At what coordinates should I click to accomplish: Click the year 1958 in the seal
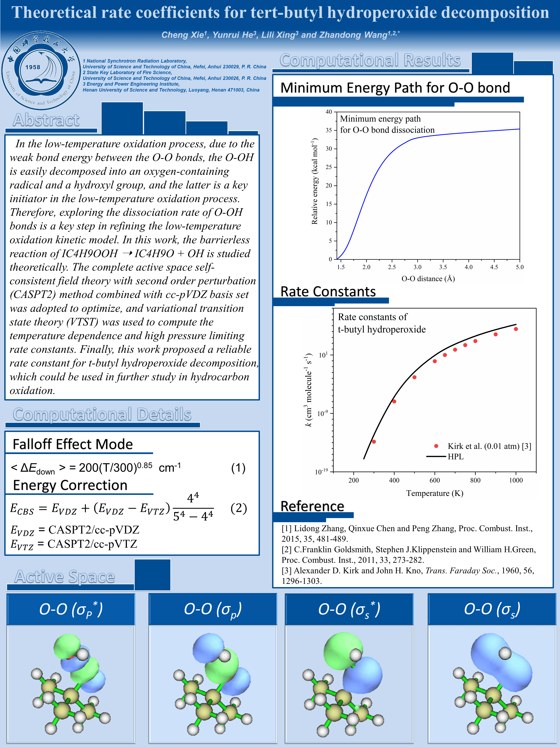tap(33, 67)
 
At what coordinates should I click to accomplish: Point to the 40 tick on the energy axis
tap(329, 112)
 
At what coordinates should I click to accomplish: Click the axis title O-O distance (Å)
tap(428, 279)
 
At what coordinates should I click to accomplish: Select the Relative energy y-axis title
tap(315, 181)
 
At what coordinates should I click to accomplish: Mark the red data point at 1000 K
tap(516, 329)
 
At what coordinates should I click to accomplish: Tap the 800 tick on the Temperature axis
tap(475, 480)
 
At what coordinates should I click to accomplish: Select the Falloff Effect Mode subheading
tap(73, 444)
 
